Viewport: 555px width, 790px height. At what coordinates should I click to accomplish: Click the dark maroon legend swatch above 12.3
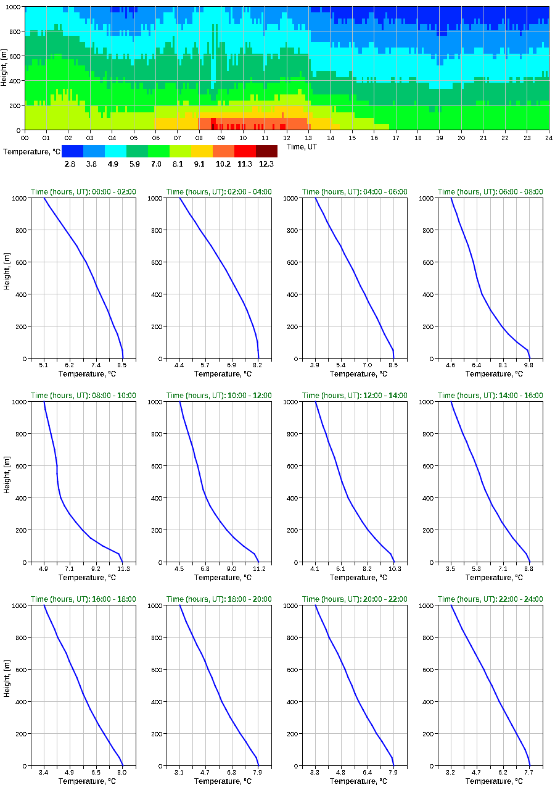(266, 151)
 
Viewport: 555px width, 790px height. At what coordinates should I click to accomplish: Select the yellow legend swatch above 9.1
(202, 151)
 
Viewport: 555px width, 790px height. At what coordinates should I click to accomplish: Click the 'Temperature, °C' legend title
(31, 151)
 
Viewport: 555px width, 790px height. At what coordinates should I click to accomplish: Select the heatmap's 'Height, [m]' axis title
(5, 68)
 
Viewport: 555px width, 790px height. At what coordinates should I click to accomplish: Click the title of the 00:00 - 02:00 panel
(83, 192)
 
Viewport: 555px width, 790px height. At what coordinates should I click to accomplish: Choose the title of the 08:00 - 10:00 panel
(83, 396)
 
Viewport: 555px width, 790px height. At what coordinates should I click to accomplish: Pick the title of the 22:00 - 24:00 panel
(490, 599)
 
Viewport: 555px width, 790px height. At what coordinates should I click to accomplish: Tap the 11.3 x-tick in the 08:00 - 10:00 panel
(122, 569)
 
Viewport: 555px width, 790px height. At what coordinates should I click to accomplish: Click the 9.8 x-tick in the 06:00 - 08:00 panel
(529, 365)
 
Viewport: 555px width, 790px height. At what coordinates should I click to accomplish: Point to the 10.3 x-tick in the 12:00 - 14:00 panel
(393, 569)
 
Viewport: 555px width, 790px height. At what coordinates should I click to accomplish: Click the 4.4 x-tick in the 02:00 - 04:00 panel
(179, 365)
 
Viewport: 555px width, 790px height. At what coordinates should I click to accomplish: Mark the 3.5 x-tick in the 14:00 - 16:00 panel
(451, 569)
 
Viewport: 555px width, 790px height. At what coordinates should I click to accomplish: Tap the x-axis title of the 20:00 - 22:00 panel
(355, 781)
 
